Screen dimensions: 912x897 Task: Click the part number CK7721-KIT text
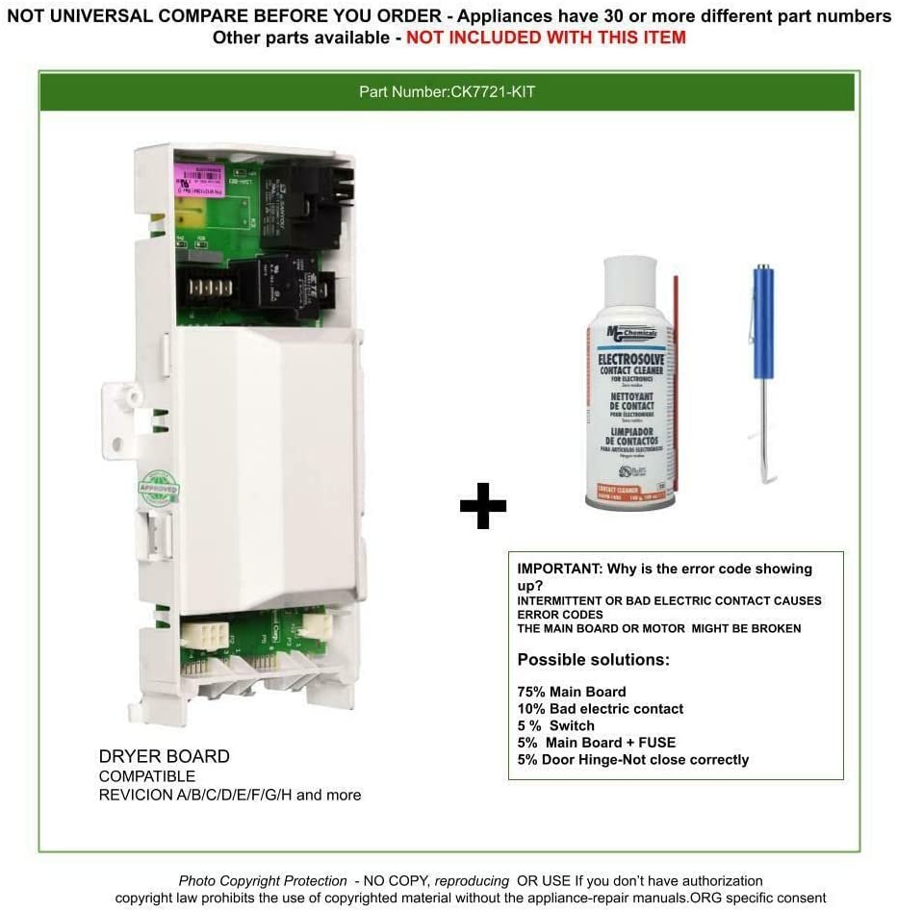pos(447,92)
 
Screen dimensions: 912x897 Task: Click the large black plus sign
pos(482,507)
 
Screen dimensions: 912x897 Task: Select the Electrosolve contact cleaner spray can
pos(630,404)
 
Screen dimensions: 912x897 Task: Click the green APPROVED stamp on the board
pos(159,488)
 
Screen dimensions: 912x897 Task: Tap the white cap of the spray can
pos(630,284)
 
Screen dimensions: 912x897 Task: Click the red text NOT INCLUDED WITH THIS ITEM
pos(546,38)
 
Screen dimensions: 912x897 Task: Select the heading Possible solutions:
pos(593,660)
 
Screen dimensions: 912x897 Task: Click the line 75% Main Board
pos(572,692)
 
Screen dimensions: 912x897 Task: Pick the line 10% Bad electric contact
pos(601,709)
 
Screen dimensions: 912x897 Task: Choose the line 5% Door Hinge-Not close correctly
pos(632,760)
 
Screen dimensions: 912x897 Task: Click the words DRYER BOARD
pos(165,756)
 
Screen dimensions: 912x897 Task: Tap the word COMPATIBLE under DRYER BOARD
pos(147,776)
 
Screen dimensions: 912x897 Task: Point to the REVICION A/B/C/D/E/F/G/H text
pos(230,796)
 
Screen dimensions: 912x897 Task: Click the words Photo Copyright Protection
pos(263,881)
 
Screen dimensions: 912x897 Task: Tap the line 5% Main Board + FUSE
pos(597,743)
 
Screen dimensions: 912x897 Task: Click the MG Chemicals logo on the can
pos(630,334)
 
